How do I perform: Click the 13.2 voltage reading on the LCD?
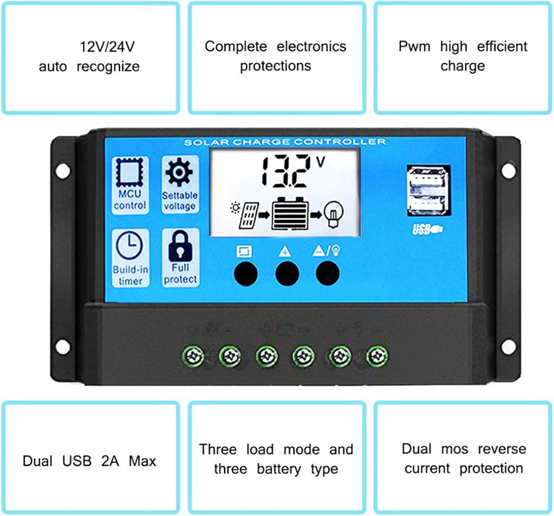286,171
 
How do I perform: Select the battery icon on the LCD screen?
290,213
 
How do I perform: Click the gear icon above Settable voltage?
179,172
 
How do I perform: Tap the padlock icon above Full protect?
181,246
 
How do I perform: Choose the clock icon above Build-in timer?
129,245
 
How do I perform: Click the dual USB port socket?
429,191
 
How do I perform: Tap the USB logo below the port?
427,229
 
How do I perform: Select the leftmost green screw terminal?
193,356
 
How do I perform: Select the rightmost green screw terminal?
377,356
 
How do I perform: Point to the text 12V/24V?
107,47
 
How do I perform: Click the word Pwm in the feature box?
414,47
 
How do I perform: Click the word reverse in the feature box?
502,449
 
